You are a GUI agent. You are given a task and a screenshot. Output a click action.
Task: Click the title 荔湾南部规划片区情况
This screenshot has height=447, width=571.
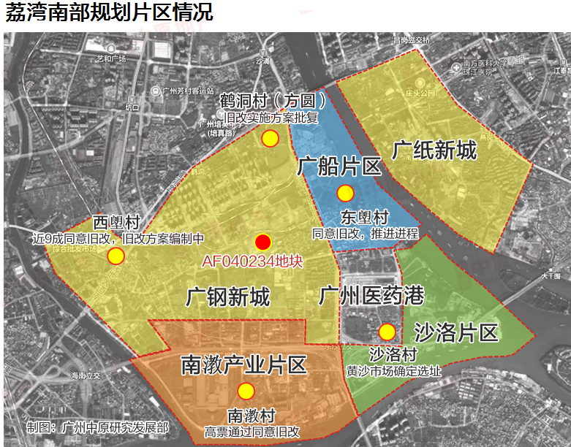coord(110,14)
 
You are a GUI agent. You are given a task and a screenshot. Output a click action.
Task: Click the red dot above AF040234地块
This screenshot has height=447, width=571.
coord(263,242)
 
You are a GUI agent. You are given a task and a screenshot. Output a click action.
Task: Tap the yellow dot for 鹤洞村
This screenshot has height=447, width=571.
coord(271,138)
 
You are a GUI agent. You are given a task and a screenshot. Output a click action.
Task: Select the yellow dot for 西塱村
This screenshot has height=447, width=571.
coord(116,256)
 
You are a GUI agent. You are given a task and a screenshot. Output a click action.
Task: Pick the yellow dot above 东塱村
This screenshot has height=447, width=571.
coord(345,193)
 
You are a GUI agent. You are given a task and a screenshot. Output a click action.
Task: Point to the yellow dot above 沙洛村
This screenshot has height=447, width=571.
coord(387,332)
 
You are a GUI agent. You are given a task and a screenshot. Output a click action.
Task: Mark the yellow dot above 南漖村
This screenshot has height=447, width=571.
coord(246,391)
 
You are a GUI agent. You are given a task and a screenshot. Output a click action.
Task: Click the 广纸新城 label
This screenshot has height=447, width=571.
coord(434,150)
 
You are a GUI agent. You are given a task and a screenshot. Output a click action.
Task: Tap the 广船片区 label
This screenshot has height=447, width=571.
coord(340,167)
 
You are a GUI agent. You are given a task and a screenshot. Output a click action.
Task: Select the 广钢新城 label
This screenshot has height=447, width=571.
coord(228,297)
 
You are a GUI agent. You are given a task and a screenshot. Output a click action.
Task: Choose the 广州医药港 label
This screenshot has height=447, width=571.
coord(371,296)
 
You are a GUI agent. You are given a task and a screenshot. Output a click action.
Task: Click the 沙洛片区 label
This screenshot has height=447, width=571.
coord(456,334)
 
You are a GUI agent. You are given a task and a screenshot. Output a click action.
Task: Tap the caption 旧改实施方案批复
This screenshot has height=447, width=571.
coord(271,118)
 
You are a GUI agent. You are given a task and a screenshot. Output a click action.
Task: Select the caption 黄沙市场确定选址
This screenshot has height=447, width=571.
coord(393,371)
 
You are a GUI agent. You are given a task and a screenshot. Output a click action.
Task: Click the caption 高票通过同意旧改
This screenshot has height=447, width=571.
coord(252,432)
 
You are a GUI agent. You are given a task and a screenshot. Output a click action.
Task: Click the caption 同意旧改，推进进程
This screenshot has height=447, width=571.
coord(366,234)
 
